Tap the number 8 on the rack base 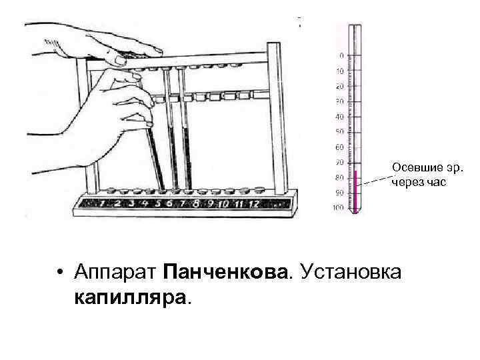[x=195, y=203]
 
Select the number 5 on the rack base [x=157, y=203]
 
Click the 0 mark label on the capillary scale [x=341, y=55]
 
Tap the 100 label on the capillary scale [x=338, y=208]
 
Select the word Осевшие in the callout [x=411, y=167]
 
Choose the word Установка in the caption [x=351, y=272]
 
